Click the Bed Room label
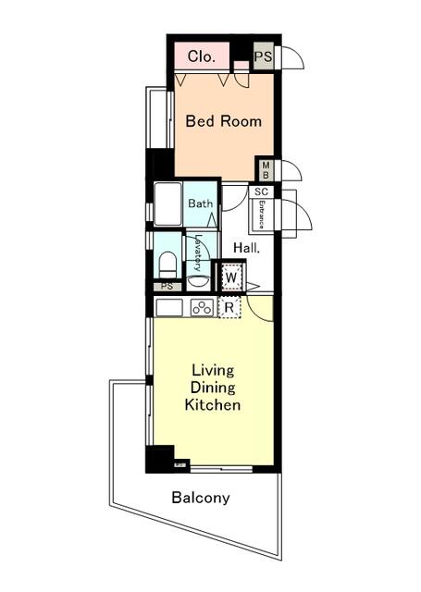coord(224,121)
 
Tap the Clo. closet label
coord(202,56)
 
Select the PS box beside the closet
coord(263,56)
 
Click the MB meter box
coord(266,170)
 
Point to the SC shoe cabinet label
coord(261,191)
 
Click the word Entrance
coord(261,215)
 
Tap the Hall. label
coord(247,248)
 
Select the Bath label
coord(201,203)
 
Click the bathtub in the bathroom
coord(168,204)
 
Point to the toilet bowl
coord(167,265)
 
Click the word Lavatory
coord(198,253)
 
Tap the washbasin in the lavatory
coord(198,283)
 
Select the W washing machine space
coord(230,277)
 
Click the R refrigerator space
coord(229,308)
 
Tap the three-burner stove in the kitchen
coord(202,308)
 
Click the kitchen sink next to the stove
coord(169,308)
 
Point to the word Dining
coord(213,388)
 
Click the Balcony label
coord(201,498)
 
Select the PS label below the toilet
coord(167,287)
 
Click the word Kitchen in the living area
coord(213,405)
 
